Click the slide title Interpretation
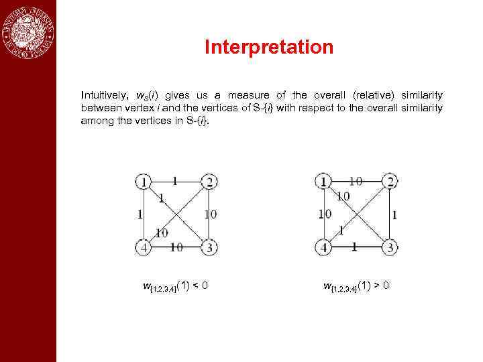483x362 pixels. point(268,48)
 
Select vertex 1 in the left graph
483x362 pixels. point(142,181)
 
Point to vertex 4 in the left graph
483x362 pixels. point(142,247)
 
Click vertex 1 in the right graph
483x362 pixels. point(325,181)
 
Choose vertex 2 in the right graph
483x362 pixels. point(390,181)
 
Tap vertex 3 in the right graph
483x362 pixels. point(390,247)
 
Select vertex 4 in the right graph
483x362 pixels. point(325,247)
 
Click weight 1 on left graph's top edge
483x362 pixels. point(175,180)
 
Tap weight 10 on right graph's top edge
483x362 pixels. point(356,180)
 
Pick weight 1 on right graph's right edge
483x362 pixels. point(394,215)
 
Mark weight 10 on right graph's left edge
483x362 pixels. point(325,215)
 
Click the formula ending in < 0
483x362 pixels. point(175,287)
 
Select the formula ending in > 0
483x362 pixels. point(356,287)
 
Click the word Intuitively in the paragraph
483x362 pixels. point(102,96)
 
